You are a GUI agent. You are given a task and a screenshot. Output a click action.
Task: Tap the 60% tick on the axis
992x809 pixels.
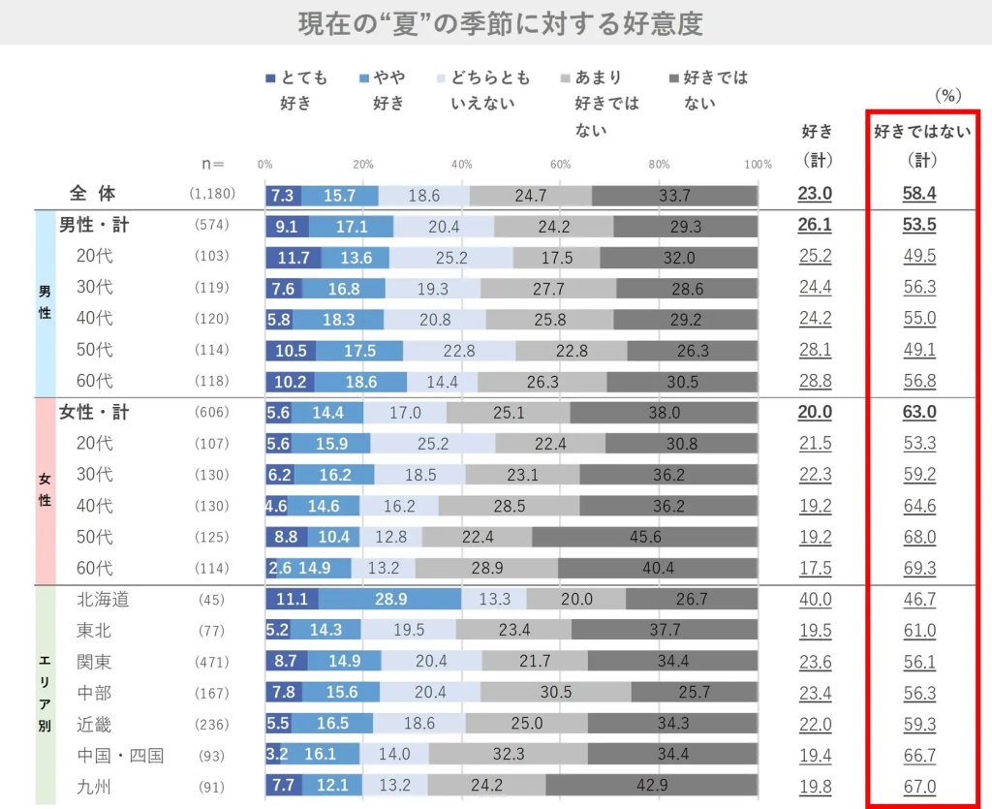click(x=560, y=164)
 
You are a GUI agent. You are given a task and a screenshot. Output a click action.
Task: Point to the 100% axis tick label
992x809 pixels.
click(x=759, y=164)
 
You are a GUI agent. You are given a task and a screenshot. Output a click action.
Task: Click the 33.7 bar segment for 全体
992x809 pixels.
click(x=674, y=195)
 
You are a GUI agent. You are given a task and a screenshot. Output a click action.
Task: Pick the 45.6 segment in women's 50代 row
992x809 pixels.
click(x=644, y=537)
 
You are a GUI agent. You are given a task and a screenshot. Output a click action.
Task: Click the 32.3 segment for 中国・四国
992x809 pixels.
click(x=508, y=756)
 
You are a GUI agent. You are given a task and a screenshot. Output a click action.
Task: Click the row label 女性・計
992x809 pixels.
click(x=94, y=412)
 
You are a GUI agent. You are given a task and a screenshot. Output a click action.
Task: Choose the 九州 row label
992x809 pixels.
click(x=94, y=787)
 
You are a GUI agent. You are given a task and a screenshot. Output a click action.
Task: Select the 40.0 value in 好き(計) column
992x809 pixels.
click(x=815, y=600)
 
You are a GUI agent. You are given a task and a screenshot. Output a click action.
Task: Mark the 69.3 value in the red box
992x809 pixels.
click(x=919, y=568)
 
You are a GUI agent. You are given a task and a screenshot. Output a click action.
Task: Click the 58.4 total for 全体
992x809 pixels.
click(x=919, y=194)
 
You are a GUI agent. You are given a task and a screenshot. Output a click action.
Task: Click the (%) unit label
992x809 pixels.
click(x=946, y=96)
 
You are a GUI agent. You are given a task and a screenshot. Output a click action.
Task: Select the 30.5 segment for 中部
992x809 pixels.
click(x=555, y=693)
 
